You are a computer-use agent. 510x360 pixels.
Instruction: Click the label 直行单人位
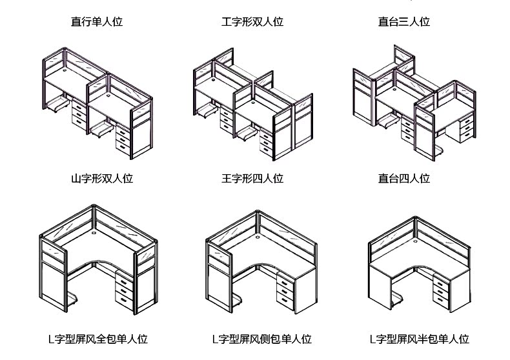point(97,22)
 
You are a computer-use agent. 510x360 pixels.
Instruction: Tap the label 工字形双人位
point(252,22)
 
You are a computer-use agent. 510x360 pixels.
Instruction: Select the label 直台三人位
point(404,22)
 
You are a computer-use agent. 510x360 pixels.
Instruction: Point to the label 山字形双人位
point(102,178)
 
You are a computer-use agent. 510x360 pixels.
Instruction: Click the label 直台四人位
point(404,178)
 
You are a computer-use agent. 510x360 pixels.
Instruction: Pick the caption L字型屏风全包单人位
point(98,339)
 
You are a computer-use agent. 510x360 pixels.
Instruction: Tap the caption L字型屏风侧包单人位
point(261,339)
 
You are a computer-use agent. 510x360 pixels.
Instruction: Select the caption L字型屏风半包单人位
point(419,339)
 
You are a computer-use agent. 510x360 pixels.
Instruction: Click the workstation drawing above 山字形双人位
point(97,103)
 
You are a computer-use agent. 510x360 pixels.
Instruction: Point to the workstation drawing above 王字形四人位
point(252,106)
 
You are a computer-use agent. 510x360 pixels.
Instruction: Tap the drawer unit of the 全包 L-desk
point(123,290)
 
